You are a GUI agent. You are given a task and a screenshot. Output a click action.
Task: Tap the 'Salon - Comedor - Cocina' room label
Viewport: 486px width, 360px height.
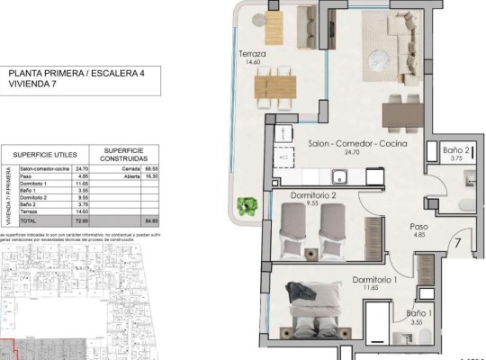click(x=357, y=143)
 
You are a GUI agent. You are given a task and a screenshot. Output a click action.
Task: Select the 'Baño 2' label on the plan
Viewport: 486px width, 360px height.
click(x=457, y=149)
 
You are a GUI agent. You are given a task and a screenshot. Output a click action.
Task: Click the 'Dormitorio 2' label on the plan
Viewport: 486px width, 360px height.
click(x=313, y=194)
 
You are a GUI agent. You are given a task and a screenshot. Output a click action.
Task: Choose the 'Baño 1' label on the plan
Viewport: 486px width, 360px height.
click(x=418, y=314)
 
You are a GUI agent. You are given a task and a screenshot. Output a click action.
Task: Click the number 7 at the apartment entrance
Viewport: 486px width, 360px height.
click(x=457, y=241)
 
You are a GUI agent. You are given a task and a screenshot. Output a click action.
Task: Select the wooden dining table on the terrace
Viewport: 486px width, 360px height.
click(x=274, y=86)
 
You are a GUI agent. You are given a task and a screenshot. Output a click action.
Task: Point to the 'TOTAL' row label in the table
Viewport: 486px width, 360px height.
click(x=30, y=220)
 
